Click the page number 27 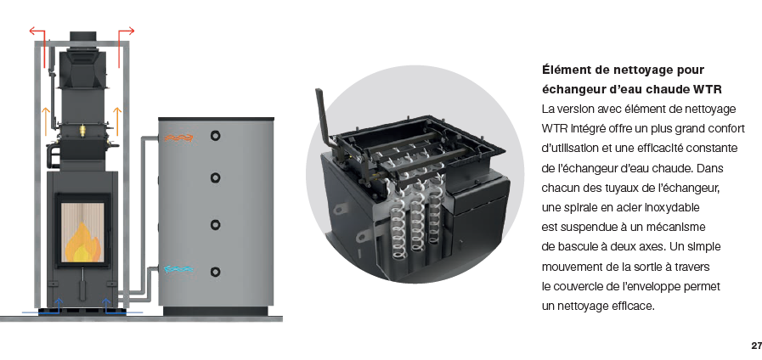756,346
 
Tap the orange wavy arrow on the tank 178,138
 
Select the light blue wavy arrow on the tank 178,268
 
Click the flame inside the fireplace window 83,242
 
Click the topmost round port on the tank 215,136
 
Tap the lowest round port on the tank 215,272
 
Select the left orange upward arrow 46,121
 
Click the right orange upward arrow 117,121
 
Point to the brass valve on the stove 82,129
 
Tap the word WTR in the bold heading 708,90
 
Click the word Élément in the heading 566,70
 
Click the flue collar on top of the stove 83,37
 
